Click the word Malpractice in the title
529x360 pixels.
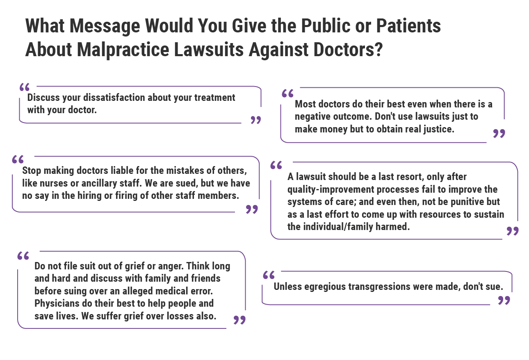[x=122, y=49]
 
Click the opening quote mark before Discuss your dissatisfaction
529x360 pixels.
[x=25, y=87]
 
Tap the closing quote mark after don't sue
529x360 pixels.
[x=504, y=301]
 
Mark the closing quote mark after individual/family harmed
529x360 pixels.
[x=513, y=231]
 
